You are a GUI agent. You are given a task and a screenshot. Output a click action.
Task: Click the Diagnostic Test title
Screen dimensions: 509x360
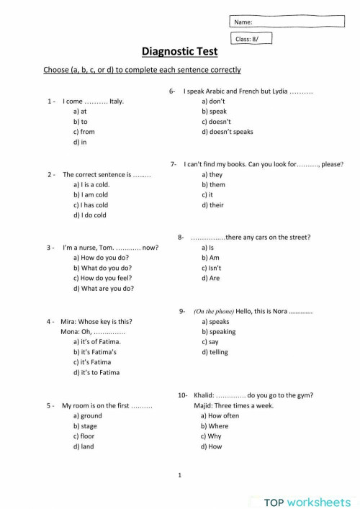pos(179,52)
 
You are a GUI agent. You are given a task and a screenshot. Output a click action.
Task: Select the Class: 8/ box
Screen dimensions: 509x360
pos(253,39)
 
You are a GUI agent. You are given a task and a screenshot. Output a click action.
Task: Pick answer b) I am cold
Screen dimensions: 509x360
pos(90,194)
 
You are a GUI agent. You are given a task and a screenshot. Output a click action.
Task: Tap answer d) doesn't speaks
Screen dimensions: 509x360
pos(228,132)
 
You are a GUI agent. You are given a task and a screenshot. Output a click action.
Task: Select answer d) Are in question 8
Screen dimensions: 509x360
pos(211,278)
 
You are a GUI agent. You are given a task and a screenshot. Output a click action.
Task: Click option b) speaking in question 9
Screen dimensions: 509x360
pos(218,332)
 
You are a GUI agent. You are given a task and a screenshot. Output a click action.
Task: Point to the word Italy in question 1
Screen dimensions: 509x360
pos(117,102)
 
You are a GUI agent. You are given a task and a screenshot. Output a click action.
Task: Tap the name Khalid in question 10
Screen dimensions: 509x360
pos(204,395)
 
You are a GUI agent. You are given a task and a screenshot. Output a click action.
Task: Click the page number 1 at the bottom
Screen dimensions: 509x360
pos(179,475)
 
